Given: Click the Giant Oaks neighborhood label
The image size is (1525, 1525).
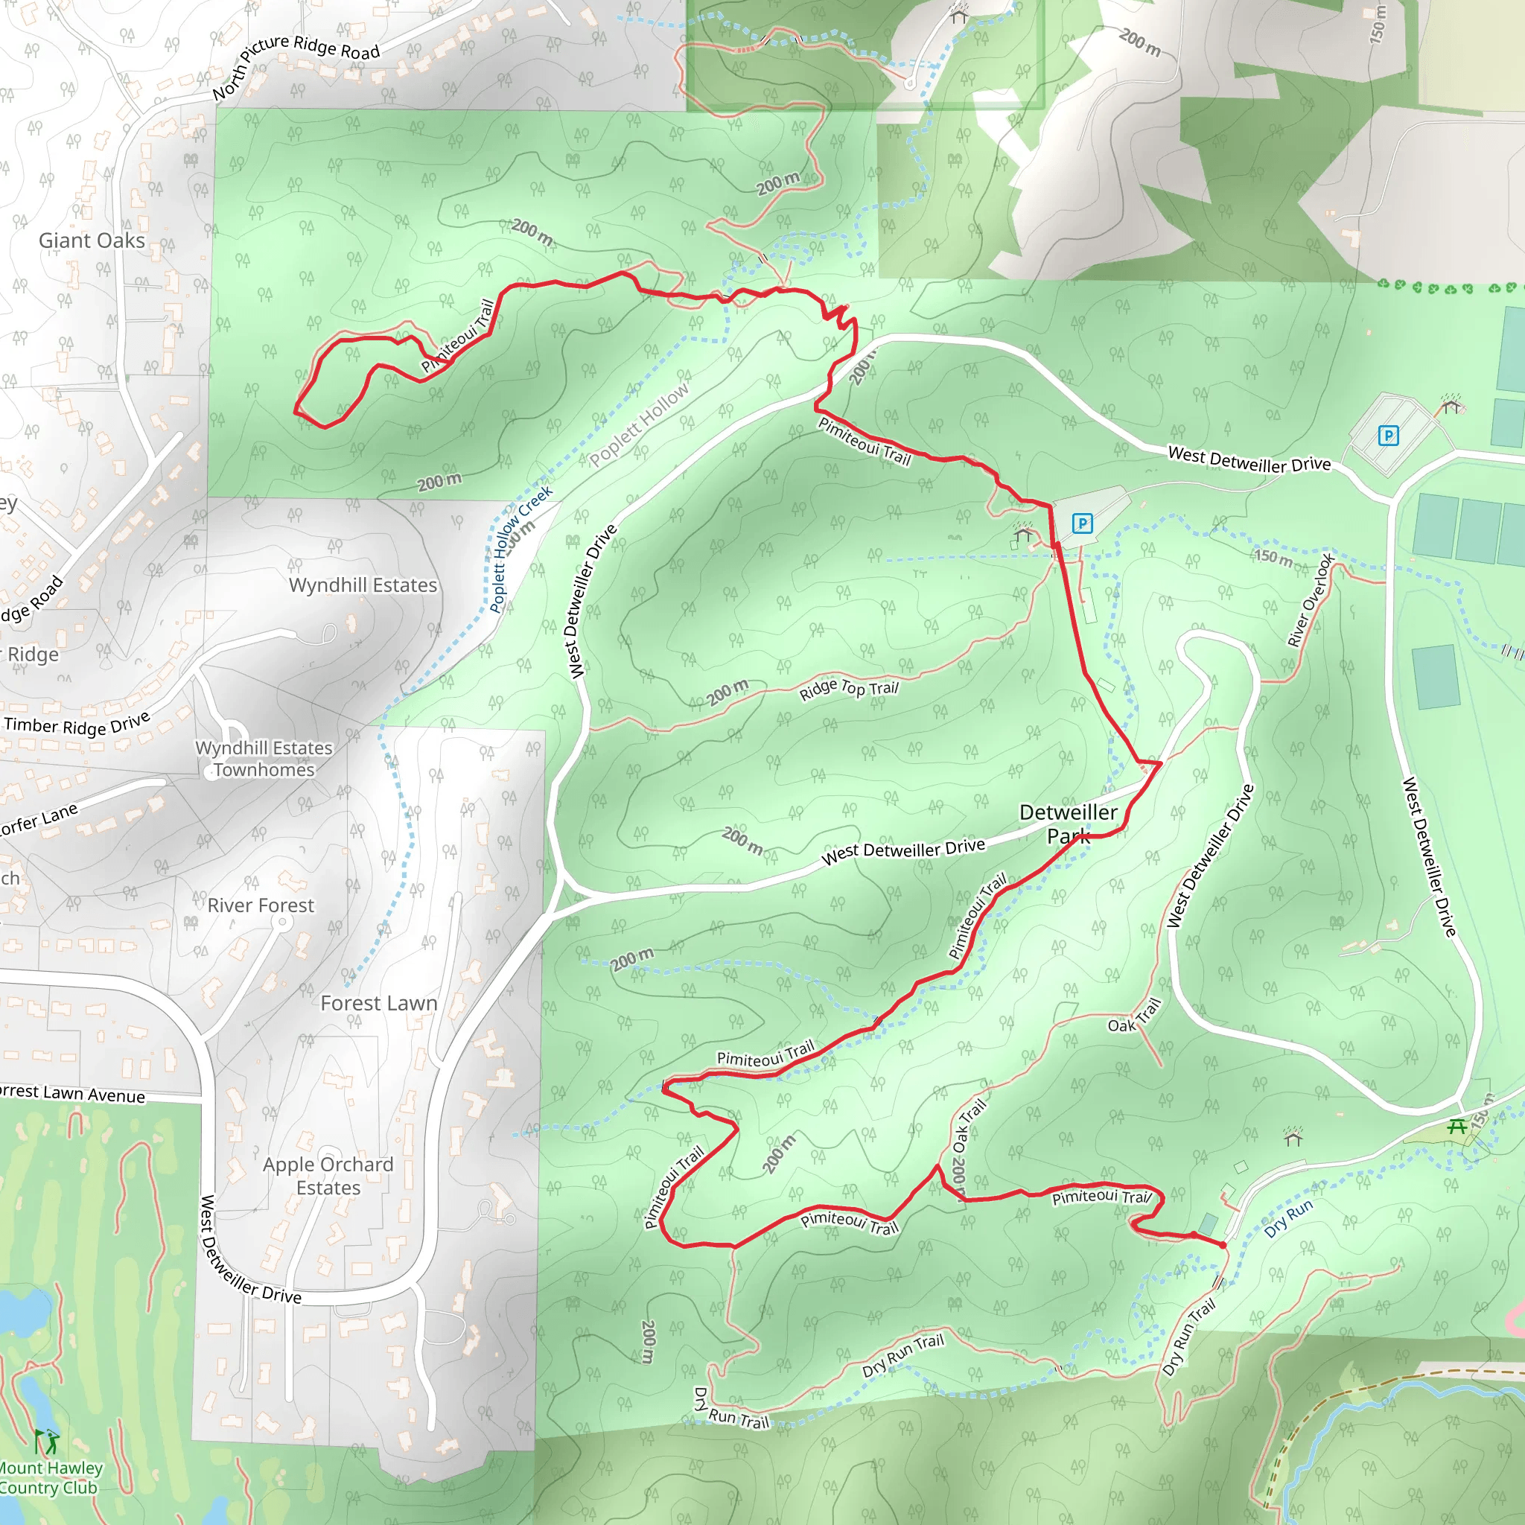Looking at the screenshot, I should (x=92, y=240).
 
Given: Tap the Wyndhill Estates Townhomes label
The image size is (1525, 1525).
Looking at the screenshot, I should (x=264, y=759).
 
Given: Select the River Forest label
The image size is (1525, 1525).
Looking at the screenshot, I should (x=261, y=905).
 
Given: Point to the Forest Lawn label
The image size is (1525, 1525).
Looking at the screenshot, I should (x=379, y=1003).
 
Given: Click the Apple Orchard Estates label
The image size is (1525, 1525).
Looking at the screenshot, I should (x=328, y=1176).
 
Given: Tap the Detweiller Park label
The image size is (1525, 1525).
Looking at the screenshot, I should (x=1068, y=824).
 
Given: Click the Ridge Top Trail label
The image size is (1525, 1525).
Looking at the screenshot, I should (x=849, y=689).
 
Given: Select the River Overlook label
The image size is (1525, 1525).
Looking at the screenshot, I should (x=1311, y=600).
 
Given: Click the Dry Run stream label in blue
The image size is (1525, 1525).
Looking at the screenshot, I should (x=1288, y=1218).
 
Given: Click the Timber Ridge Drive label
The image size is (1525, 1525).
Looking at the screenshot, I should (x=77, y=725).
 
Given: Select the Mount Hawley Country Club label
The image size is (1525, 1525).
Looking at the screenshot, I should (x=49, y=1477).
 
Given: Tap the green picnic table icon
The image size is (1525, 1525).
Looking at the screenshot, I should (x=1457, y=1127).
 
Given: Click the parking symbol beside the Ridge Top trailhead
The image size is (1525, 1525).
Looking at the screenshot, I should (x=1082, y=523).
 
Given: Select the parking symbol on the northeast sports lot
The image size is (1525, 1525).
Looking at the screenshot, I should (x=1388, y=435).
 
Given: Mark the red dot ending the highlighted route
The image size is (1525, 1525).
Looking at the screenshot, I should (x=1223, y=1245).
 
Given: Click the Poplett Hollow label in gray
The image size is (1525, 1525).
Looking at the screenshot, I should (x=639, y=424).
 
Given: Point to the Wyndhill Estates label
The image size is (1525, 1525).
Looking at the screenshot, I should (x=363, y=585).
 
